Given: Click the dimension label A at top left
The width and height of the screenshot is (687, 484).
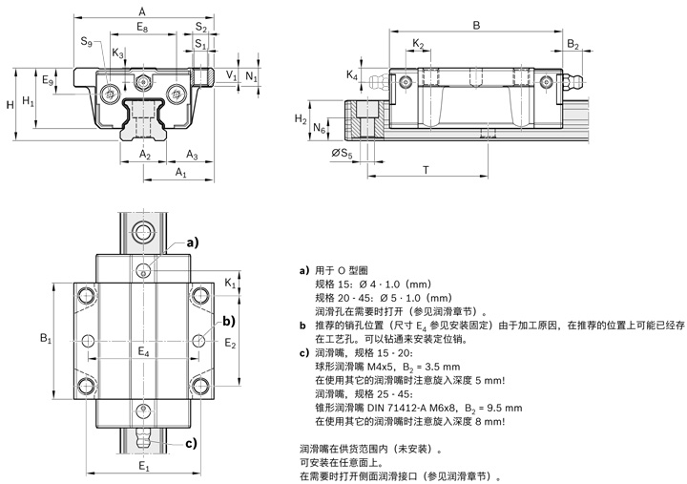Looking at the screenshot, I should [x=140, y=8].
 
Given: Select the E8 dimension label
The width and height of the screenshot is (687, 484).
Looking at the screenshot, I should [x=141, y=28].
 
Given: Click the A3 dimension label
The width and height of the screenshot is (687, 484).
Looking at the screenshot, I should [x=191, y=154].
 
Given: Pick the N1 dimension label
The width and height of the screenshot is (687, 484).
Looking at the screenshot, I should [x=250, y=74].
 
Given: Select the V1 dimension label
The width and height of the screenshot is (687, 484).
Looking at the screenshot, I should [x=231, y=74].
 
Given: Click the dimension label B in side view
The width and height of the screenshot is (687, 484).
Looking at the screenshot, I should [x=475, y=25].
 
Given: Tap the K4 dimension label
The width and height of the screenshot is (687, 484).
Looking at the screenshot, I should [x=352, y=74].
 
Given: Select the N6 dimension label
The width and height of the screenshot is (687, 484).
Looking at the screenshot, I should [x=320, y=127].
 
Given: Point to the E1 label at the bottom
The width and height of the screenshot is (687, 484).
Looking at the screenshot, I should [x=143, y=467].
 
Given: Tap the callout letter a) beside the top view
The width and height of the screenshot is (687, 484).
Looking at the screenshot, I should [x=192, y=242].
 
